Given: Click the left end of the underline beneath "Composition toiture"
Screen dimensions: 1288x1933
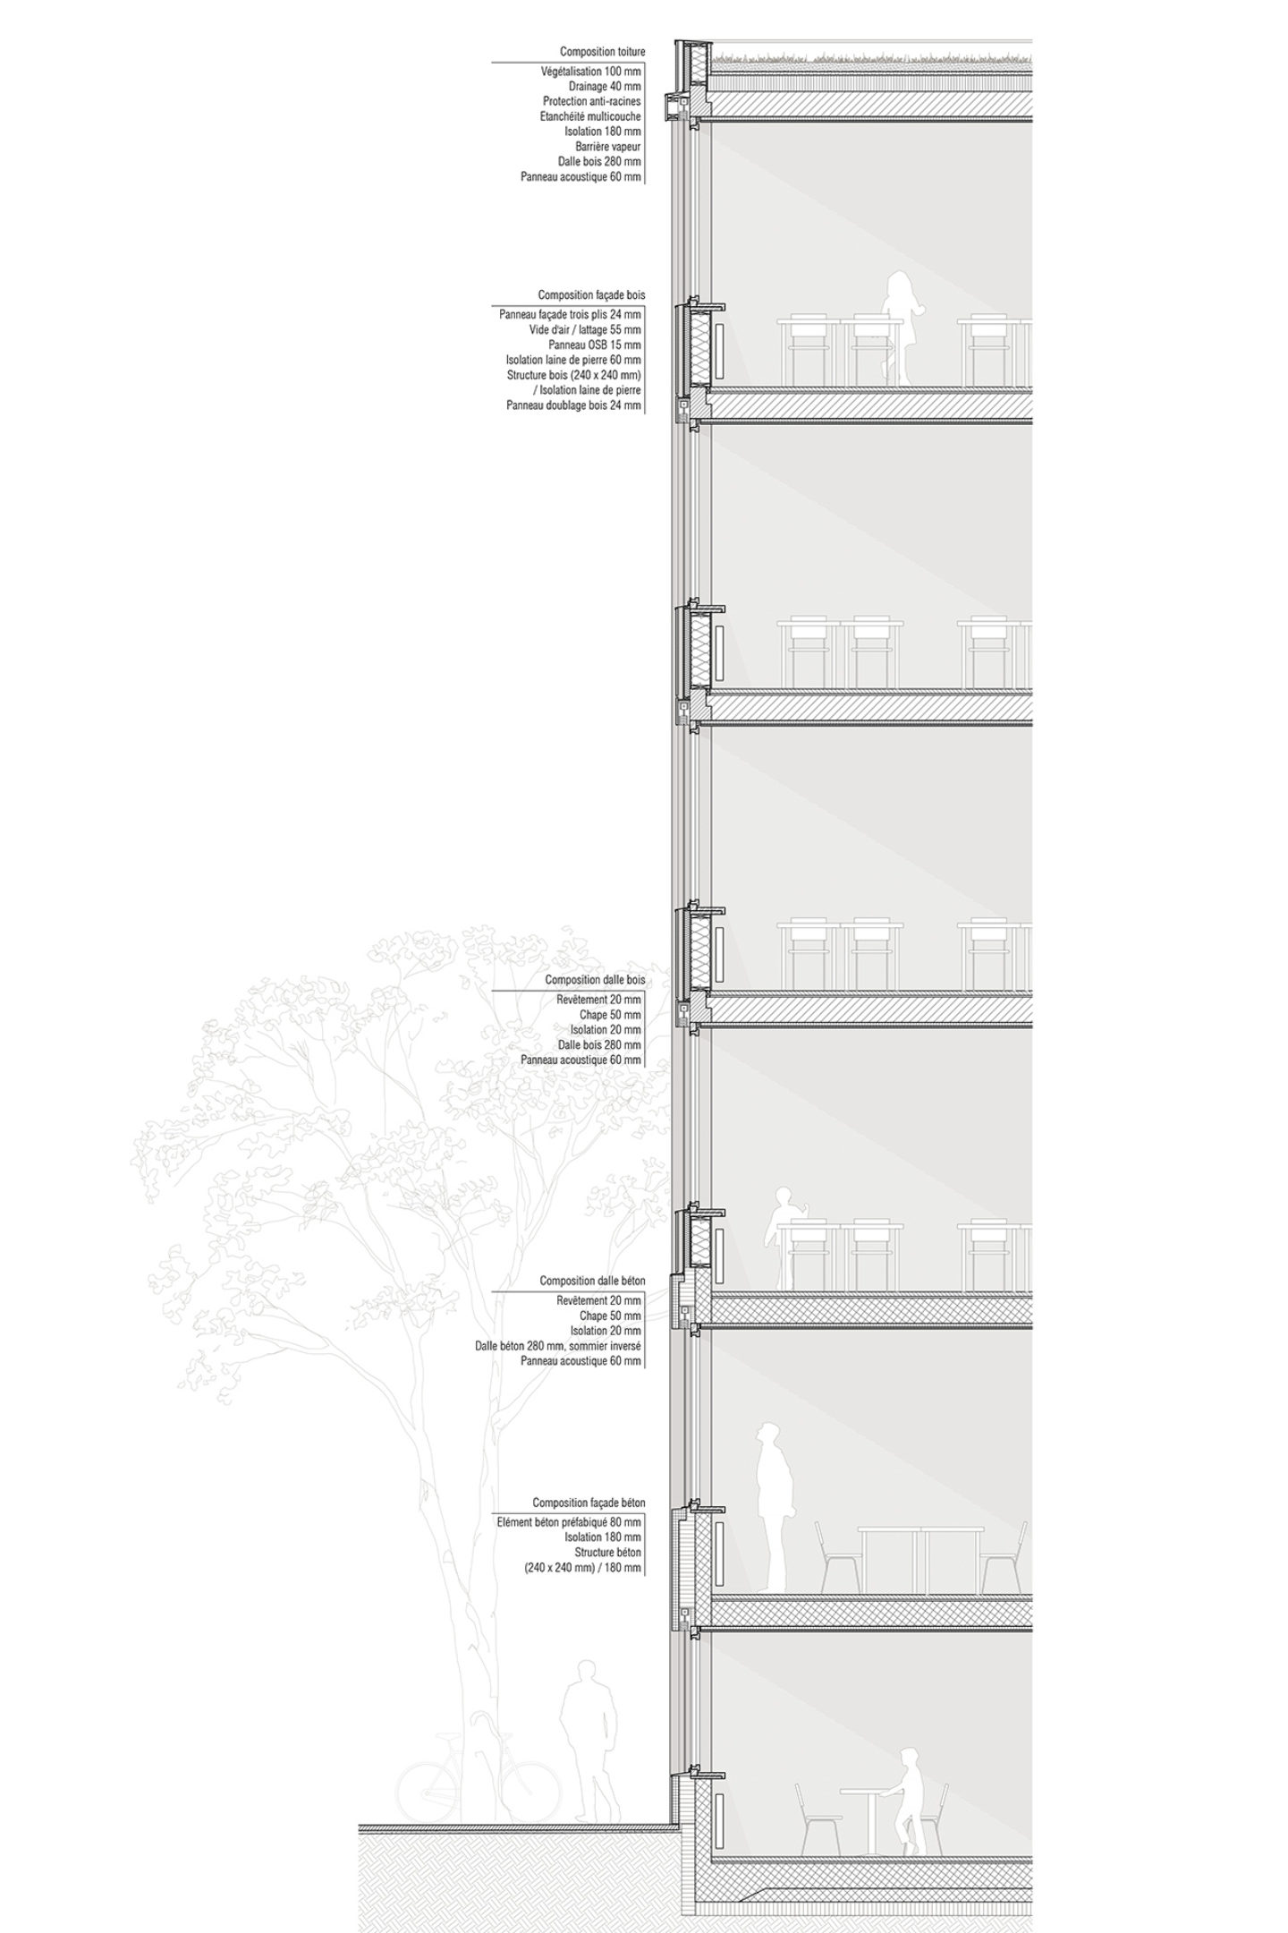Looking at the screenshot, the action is pyautogui.click(x=491, y=62).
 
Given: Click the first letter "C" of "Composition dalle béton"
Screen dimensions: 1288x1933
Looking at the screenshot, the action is pyautogui.click(x=543, y=1282).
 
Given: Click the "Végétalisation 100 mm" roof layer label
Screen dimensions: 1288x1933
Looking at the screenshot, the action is pyautogui.click(x=591, y=72).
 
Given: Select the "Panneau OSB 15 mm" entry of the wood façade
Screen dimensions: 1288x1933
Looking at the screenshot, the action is pyautogui.click(x=595, y=345).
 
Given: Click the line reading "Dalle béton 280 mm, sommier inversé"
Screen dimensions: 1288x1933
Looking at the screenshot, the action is pyautogui.click(x=559, y=1345).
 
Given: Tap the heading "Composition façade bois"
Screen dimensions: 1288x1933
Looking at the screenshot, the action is pyautogui.click(x=591, y=294).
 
